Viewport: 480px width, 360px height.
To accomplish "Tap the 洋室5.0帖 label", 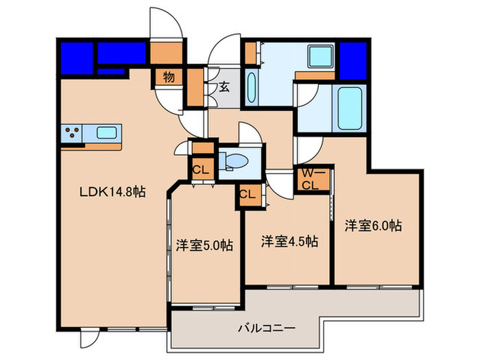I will [204, 245].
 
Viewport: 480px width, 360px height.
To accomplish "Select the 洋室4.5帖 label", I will [289, 241].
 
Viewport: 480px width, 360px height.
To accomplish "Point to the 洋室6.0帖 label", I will [373, 225].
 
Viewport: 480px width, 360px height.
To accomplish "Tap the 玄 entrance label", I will [224, 86].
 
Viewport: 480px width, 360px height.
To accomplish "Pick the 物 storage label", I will [169, 77].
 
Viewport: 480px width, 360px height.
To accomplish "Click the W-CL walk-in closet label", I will [310, 180].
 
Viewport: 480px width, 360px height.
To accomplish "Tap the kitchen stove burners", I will [73, 132].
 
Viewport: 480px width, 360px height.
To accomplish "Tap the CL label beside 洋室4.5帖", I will [248, 193].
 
